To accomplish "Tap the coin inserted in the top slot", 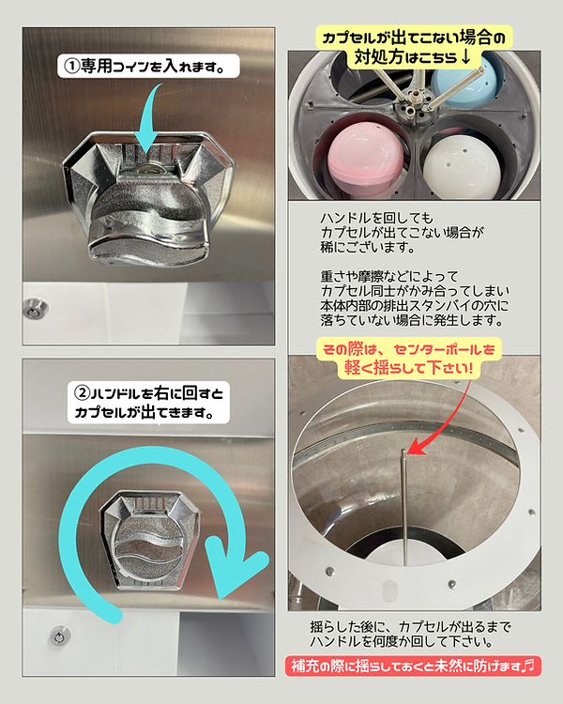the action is point(151,168).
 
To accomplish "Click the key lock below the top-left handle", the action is point(33,310).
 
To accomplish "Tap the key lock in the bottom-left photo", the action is point(59,636).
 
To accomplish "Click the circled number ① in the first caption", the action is point(71,66).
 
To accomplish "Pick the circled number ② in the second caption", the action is point(83,393).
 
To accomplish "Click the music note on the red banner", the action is point(530,665).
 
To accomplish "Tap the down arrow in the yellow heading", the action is point(465,57).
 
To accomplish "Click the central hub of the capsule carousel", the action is point(413,103).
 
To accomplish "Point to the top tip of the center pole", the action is point(403,451).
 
